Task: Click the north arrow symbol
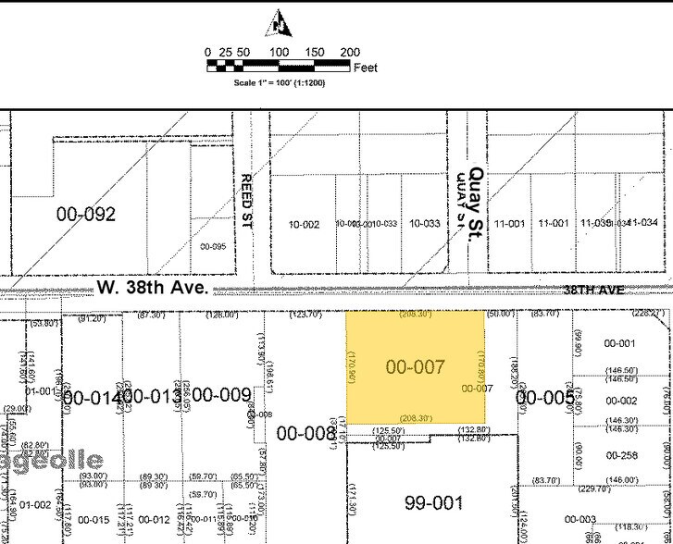tap(278, 23)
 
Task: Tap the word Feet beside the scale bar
tap(365, 68)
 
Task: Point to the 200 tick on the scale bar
tap(350, 53)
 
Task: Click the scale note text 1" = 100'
tap(279, 82)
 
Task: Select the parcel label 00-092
tap(86, 215)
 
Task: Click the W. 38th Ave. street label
tap(153, 288)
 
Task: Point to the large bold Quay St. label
tap(477, 204)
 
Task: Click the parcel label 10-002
tap(304, 225)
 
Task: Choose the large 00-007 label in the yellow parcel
tap(416, 367)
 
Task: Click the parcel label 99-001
tap(434, 502)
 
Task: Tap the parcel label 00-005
tap(545, 398)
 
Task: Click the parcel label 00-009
tap(221, 396)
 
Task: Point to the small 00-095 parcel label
tap(212, 247)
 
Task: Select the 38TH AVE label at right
tap(592, 291)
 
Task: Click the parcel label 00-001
tap(619, 343)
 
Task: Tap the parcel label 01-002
tap(35, 504)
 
